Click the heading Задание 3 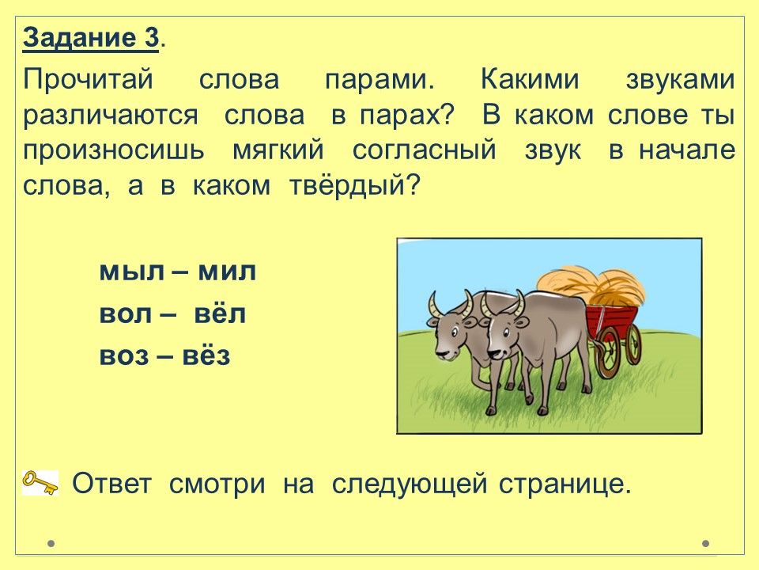pos(91,38)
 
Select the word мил pos(227,272)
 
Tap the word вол pos(126,314)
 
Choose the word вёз pos(206,355)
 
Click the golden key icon pos(40,483)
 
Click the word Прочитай pos(88,79)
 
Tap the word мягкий pos(278,150)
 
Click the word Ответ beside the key pos(111,483)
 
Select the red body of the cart pos(612,320)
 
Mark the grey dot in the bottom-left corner pos(51,543)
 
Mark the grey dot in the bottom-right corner pos(706,543)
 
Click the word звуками pos(680,79)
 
